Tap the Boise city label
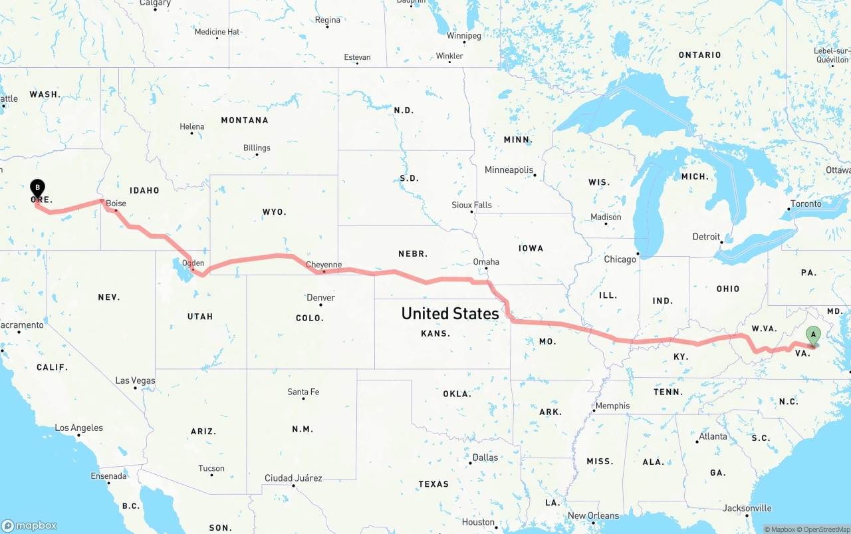tap(116, 203)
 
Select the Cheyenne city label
tap(324, 265)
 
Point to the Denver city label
tap(320, 297)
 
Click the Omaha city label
tap(486, 261)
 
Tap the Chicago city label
tap(620, 259)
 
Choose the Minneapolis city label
tap(509, 170)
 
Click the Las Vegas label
tap(135, 380)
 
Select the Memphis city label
tap(612, 406)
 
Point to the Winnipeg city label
tap(463, 36)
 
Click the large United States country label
tap(450, 313)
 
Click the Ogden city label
tap(193, 263)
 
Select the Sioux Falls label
tap(471, 205)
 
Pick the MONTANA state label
tap(245, 120)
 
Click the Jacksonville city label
tap(747, 508)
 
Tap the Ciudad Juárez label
tap(293, 478)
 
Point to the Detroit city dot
tap(721, 242)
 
